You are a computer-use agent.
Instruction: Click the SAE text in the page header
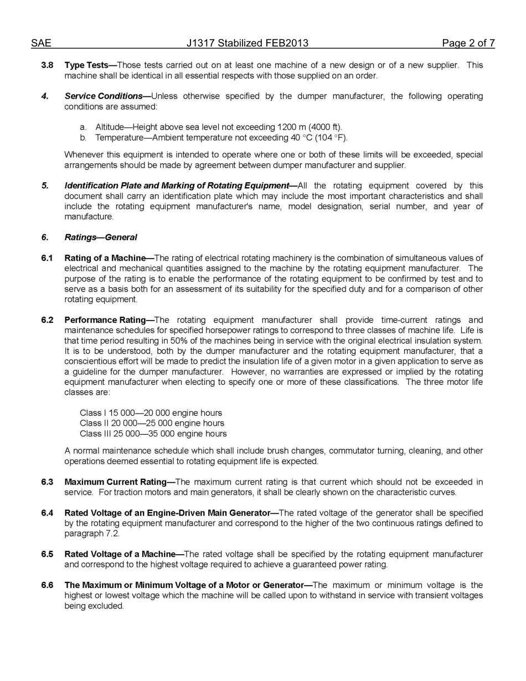[41, 43]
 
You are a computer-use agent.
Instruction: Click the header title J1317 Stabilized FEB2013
[247, 43]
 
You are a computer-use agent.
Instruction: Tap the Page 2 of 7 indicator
[468, 43]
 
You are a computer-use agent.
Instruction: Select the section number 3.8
[47, 65]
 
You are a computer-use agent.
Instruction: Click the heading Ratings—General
[101, 238]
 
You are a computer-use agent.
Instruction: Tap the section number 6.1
[47, 258]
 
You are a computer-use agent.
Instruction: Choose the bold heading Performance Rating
[108, 320]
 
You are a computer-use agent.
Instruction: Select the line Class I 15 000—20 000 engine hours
[151, 413]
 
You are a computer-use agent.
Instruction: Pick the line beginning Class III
[153, 434]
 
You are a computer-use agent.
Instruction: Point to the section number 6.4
[47, 513]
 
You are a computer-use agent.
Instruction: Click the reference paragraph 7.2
[91, 534]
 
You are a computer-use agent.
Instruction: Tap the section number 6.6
[47, 585]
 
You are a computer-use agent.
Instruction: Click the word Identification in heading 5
[90, 185]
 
